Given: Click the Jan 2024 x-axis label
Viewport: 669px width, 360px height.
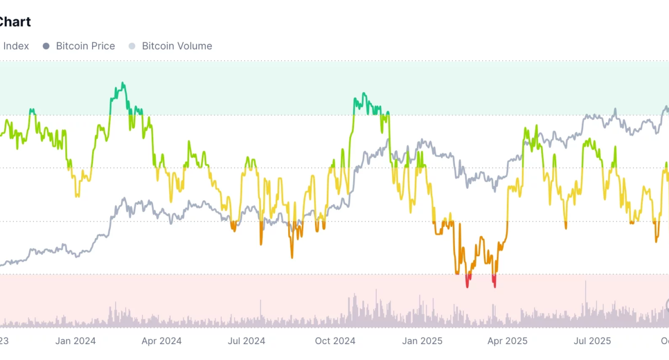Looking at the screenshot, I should (76, 340).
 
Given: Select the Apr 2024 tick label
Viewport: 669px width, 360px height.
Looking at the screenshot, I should (162, 340).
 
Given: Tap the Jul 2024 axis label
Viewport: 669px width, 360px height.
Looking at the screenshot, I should (247, 340).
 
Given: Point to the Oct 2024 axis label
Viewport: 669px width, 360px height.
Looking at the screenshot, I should (335, 340).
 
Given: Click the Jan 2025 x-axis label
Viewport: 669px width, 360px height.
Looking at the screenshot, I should (422, 340).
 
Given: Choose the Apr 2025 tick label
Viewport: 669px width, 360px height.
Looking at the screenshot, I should (507, 340).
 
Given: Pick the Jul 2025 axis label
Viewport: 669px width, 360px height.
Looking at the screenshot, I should (592, 340).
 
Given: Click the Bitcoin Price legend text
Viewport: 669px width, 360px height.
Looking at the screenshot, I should (85, 46).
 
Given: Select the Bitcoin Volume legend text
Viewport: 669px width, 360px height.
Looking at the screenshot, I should (177, 46).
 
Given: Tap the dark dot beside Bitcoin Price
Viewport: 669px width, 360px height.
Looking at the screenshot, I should (46, 46).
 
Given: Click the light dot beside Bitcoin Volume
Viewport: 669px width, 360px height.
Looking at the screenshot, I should (132, 46).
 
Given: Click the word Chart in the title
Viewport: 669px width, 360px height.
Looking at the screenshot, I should (15, 22).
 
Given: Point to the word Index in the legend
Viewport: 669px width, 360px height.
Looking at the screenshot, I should (16, 46).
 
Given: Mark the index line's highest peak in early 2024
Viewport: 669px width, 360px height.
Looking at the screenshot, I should (122, 83).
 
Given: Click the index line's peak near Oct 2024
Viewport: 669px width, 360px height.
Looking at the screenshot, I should (363, 94).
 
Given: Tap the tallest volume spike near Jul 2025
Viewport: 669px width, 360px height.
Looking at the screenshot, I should (586, 282).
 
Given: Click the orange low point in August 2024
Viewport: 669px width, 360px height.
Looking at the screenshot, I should (292, 257).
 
